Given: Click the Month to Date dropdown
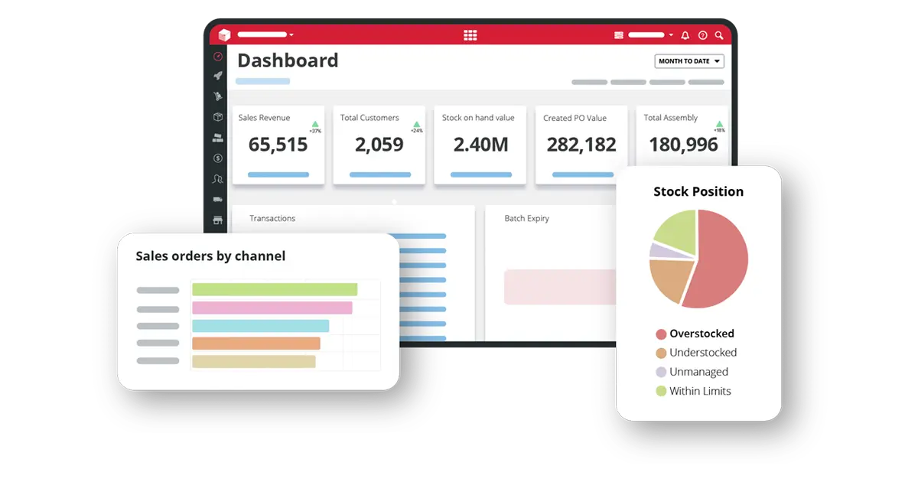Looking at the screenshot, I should (x=688, y=61).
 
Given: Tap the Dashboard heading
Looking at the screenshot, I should (x=288, y=60).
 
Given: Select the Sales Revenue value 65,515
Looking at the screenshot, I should (x=278, y=145).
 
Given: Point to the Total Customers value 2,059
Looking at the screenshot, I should (x=379, y=145).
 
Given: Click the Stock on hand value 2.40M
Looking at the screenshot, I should (x=480, y=145).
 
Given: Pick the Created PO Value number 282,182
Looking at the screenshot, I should (x=581, y=145).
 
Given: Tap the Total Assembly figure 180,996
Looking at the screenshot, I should (x=683, y=145).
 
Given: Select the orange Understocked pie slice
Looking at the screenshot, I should (x=669, y=278).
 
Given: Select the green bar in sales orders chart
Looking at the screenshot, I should (x=274, y=289).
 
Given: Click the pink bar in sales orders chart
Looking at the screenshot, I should (x=272, y=308).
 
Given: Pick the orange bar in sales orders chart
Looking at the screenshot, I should (x=256, y=344).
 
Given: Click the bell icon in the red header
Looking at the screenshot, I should (x=685, y=35).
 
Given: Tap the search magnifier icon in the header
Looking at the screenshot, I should (x=719, y=35).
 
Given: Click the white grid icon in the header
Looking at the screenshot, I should (x=470, y=35).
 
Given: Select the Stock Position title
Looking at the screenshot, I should (x=698, y=191).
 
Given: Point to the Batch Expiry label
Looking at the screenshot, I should (x=526, y=218).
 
